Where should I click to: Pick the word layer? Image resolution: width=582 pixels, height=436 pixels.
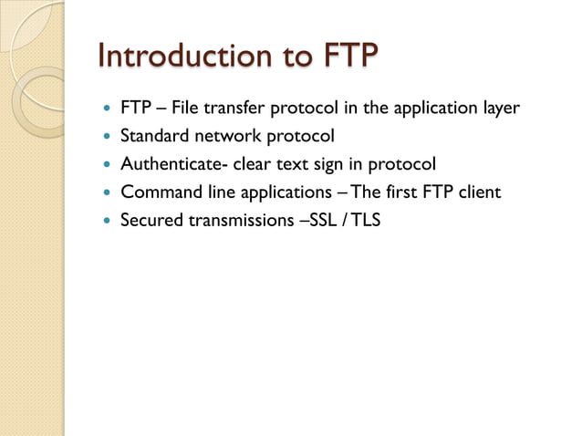[x=500, y=109]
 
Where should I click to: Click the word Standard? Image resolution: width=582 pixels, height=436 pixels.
[x=157, y=137]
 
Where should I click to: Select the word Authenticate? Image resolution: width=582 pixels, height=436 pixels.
[x=171, y=164]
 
